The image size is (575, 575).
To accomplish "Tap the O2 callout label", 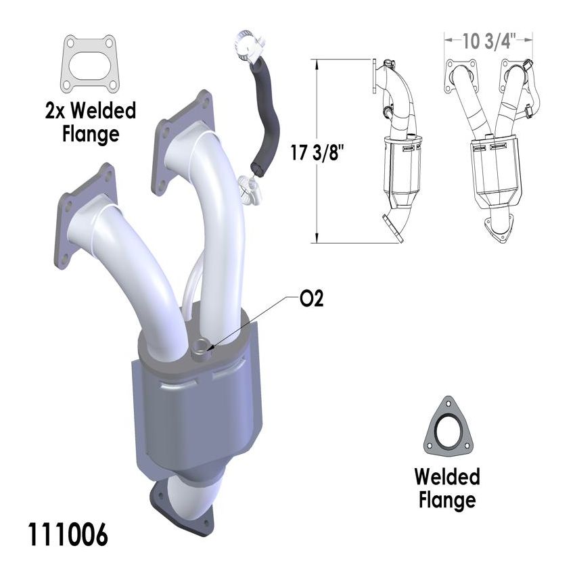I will pyautogui.click(x=311, y=299).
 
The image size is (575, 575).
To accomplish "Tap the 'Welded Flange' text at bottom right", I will pyautogui.click(x=447, y=488).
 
